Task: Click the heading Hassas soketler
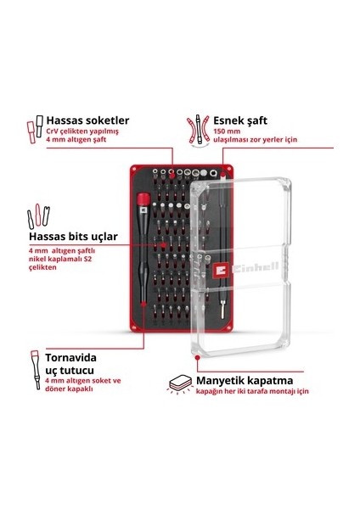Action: tap(87, 120)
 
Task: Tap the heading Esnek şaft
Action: tap(240, 120)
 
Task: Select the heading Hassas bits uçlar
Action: tap(73, 237)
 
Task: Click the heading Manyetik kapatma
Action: tap(245, 380)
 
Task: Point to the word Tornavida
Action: tap(70, 358)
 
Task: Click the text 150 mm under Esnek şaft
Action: tap(227, 131)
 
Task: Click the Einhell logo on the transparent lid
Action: tap(246, 268)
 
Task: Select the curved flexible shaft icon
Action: tap(198, 129)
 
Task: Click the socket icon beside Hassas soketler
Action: tap(35, 129)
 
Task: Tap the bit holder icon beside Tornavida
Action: tap(36, 369)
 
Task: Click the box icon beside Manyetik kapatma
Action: tap(181, 384)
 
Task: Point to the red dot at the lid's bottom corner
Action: tap(197, 357)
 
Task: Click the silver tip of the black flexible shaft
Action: tap(222, 310)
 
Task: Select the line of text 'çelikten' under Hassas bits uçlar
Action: tap(42, 267)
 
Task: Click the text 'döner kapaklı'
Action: tap(69, 389)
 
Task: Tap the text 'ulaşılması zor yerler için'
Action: tap(255, 140)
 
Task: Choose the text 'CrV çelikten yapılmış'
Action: tap(82, 131)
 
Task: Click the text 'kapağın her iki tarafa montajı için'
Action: tap(252, 391)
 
